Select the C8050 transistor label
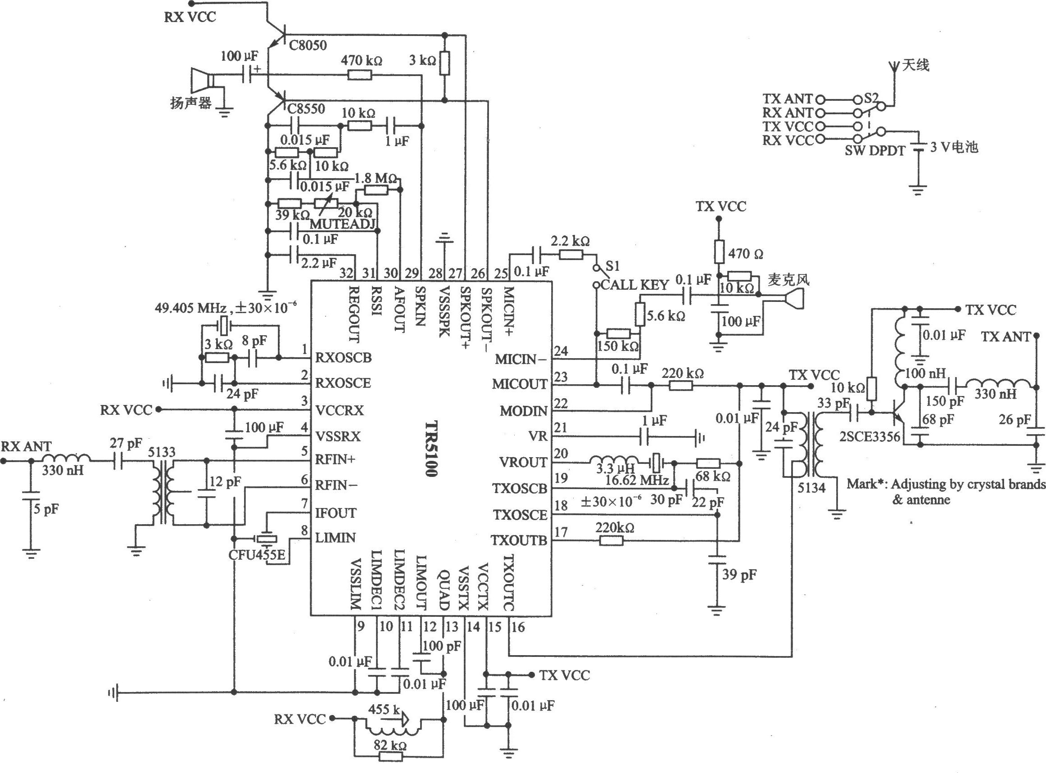coord(308,45)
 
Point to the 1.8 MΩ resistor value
coord(376,178)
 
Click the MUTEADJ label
coord(343,224)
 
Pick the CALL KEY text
coord(634,285)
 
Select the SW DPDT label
coord(875,151)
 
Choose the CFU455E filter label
coord(257,555)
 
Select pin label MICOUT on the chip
coord(520,384)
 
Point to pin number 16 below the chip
coord(518,627)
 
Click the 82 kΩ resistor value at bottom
coord(390,746)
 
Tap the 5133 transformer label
coord(162,452)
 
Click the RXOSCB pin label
coord(344,358)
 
